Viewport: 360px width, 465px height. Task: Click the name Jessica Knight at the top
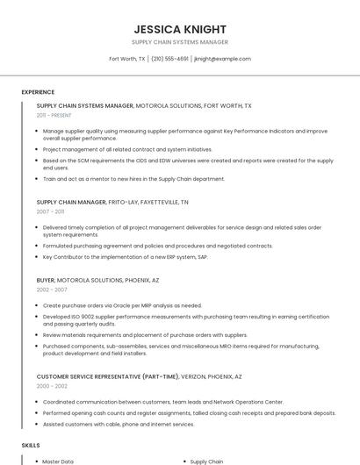(180, 29)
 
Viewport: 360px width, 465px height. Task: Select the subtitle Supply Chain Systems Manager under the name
(180, 42)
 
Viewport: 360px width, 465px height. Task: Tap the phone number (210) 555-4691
(169, 59)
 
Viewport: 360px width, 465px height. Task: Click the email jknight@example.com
(222, 59)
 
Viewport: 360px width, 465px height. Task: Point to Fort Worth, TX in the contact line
(126, 59)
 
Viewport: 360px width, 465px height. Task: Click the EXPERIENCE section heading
(38, 92)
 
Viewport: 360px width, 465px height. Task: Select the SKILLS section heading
(31, 446)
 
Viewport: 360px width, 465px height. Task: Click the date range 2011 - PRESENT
(54, 115)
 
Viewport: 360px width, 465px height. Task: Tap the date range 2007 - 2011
(50, 211)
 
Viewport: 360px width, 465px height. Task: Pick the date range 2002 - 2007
(52, 289)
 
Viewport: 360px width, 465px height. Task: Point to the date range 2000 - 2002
(52, 386)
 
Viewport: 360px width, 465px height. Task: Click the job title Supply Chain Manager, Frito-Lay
(112, 202)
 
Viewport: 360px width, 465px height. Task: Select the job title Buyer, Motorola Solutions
(97, 280)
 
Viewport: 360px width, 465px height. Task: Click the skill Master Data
(58, 461)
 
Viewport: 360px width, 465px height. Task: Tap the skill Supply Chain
(207, 461)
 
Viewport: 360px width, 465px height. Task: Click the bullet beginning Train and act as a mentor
(133, 179)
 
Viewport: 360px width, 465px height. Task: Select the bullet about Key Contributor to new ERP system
(125, 256)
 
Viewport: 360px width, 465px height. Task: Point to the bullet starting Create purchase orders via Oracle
(122, 305)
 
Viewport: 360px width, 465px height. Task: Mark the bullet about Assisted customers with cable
(119, 424)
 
